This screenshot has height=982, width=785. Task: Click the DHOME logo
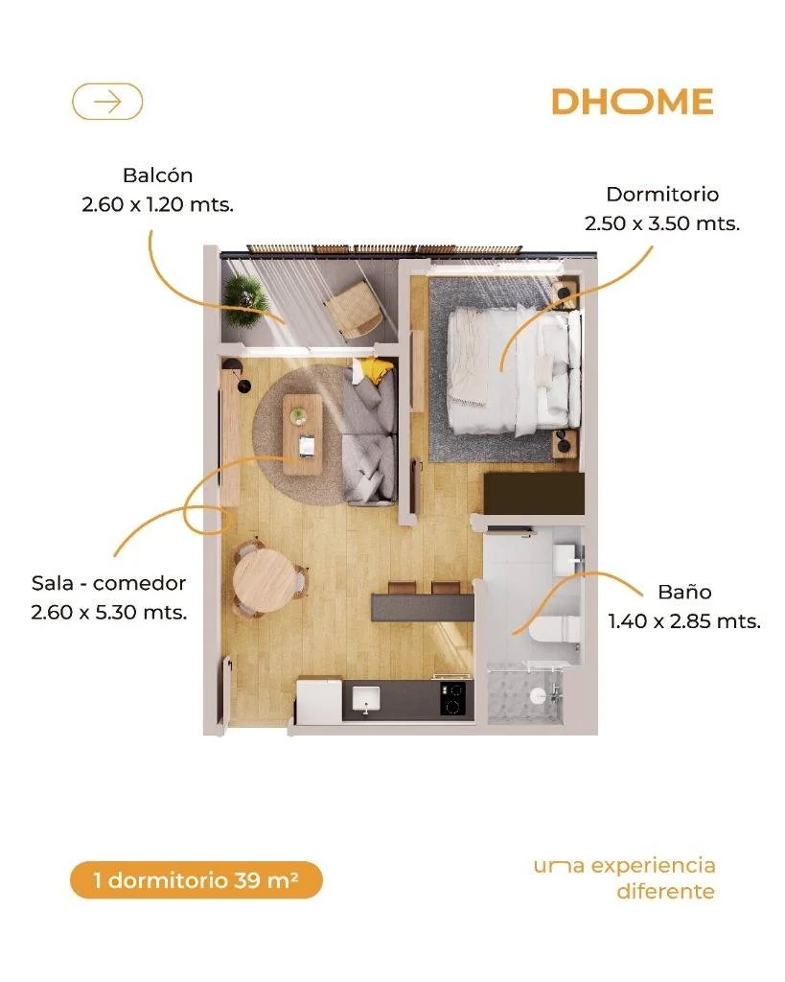tap(633, 102)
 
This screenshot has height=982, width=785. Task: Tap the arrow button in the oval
tap(107, 102)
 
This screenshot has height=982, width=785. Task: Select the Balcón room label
tap(158, 175)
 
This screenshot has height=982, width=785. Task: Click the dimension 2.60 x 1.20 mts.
tap(158, 204)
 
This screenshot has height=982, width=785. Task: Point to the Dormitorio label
tap(662, 194)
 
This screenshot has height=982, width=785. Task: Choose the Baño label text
tap(684, 592)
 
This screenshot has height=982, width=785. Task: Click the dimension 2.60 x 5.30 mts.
tap(109, 612)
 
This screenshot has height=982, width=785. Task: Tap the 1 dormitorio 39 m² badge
tap(196, 880)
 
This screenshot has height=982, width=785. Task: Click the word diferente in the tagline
tap(665, 891)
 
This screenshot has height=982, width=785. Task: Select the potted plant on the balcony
tap(244, 300)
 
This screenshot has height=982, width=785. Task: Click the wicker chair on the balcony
tap(353, 310)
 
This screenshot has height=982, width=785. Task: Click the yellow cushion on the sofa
tap(375, 370)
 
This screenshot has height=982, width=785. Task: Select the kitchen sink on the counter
tap(365, 699)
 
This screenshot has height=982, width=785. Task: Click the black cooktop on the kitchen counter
tap(452, 699)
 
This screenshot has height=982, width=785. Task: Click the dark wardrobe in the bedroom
tap(534, 495)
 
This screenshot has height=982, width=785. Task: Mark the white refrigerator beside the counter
tap(319, 699)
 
